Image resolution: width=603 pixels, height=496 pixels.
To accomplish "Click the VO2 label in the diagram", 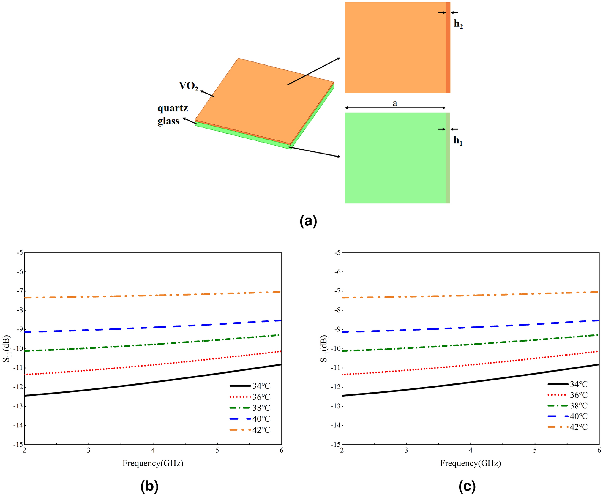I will (x=188, y=86).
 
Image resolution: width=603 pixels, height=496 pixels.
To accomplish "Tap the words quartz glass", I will (x=172, y=115).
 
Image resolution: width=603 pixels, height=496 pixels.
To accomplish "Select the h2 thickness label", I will (x=458, y=24).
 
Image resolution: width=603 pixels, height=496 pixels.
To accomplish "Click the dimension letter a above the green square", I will (x=395, y=103).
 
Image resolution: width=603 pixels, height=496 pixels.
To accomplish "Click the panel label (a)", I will (x=308, y=222).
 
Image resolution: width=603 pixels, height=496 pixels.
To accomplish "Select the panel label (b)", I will (x=149, y=486).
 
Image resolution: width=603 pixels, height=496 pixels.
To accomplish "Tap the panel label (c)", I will (x=467, y=486).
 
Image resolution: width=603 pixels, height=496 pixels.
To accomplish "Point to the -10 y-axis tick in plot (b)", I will (x=18, y=349).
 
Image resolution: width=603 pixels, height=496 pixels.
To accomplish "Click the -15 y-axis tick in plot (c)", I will (x=336, y=445).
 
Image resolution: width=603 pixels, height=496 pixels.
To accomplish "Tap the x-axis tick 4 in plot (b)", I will (x=153, y=451).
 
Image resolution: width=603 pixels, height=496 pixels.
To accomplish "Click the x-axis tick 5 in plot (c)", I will (x=535, y=451).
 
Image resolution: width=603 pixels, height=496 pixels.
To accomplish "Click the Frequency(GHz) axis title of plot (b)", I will (x=153, y=463).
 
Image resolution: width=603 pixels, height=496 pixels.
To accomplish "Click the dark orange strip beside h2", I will (x=448, y=48).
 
